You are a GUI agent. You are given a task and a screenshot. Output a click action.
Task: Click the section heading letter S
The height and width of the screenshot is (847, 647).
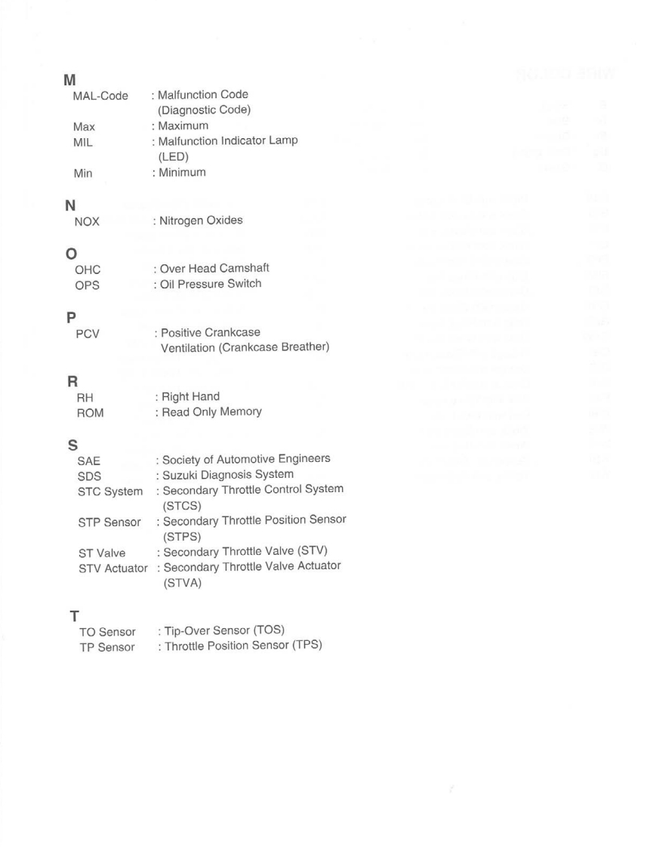point(66,445)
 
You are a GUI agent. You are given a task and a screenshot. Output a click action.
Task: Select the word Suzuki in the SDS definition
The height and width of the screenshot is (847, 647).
point(180,474)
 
